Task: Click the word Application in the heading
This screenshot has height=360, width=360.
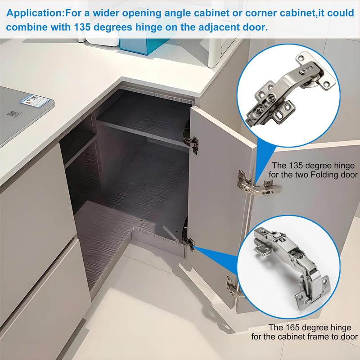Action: [34, 13]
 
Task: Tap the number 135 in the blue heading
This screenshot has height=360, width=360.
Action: [82, 27]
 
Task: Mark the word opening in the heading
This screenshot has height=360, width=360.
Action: [142, 13]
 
